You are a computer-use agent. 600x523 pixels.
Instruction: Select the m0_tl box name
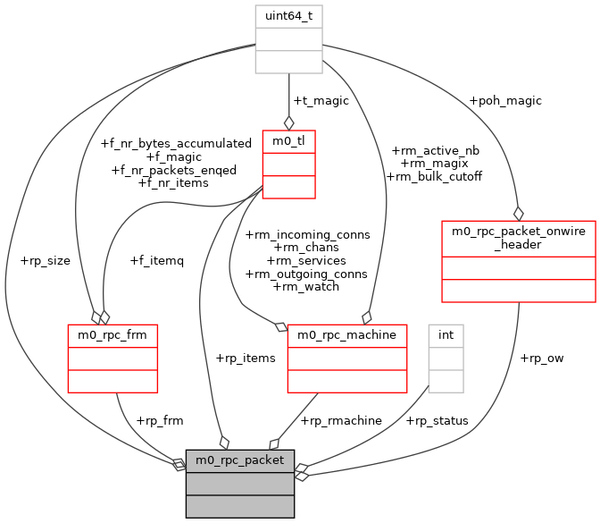tap(288, 141)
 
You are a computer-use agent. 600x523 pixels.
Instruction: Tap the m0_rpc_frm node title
tap(112, 335)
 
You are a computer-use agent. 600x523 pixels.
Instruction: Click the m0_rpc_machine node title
tap(347, 335)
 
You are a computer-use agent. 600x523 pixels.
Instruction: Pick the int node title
tap(446, 335)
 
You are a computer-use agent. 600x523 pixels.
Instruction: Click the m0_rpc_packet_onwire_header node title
tap(518, 238)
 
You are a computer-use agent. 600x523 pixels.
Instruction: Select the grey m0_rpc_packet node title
tap(239, 460)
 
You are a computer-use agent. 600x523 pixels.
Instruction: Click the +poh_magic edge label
tap(505, 101)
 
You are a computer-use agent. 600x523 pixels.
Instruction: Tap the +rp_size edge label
tap(45, 261)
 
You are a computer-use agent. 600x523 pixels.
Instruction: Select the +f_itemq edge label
tap(156, 261)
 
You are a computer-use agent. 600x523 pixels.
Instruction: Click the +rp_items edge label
tap(246, 358)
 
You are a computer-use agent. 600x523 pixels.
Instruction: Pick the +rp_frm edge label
tap(160, 420)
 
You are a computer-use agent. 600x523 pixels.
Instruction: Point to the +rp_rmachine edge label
tap(341, 420)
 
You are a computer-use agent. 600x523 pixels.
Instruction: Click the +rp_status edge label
tap(437, 420)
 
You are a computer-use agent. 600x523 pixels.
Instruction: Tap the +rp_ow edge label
tap(541, 358)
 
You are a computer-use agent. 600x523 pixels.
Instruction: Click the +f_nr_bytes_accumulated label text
tap(176, 143)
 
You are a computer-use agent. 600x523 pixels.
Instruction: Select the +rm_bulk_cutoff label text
tap(434, 176)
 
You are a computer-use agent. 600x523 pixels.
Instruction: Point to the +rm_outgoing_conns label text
tap(306, 274)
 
